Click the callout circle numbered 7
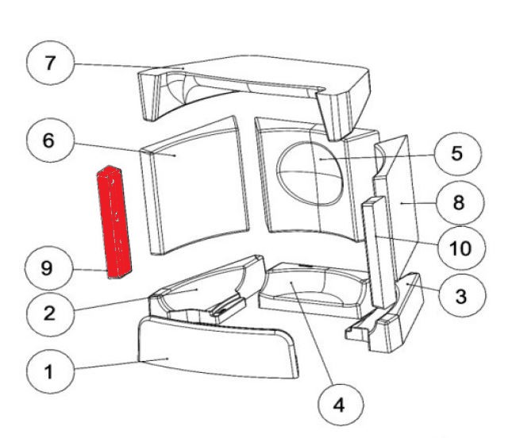pos(49,63)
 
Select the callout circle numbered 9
pos(49,269)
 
